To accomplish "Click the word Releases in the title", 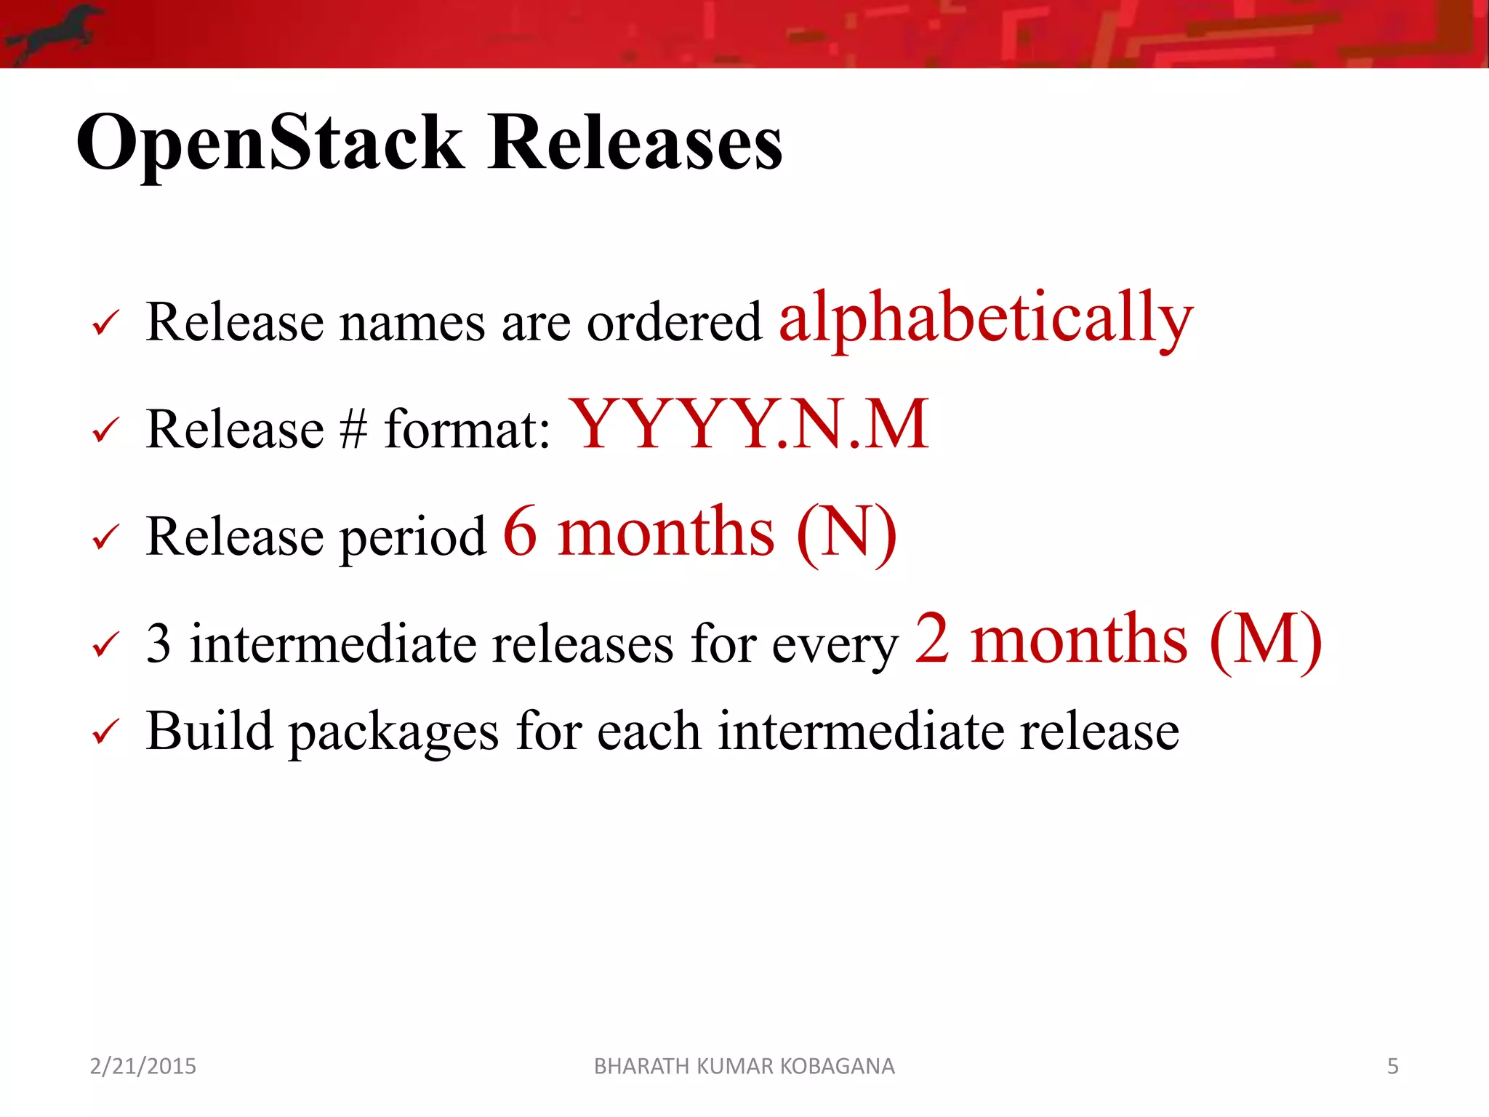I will (635, 144).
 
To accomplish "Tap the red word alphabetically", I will (985, 318).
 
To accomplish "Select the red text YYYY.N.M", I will (749, 425).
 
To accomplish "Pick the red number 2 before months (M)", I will (931, 640).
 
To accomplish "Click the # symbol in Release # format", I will (353, 429).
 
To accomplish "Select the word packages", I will (393, 733).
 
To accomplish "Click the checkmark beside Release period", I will (105, 538).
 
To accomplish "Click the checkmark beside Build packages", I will (105, 732).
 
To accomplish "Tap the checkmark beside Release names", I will (105, 323).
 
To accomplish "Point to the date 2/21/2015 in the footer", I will (143, 1066).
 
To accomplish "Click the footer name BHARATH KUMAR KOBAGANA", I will (744, 1066).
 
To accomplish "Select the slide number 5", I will (1392, 1066).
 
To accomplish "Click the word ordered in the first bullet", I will (674, 322).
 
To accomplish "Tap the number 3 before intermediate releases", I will (158, 644).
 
